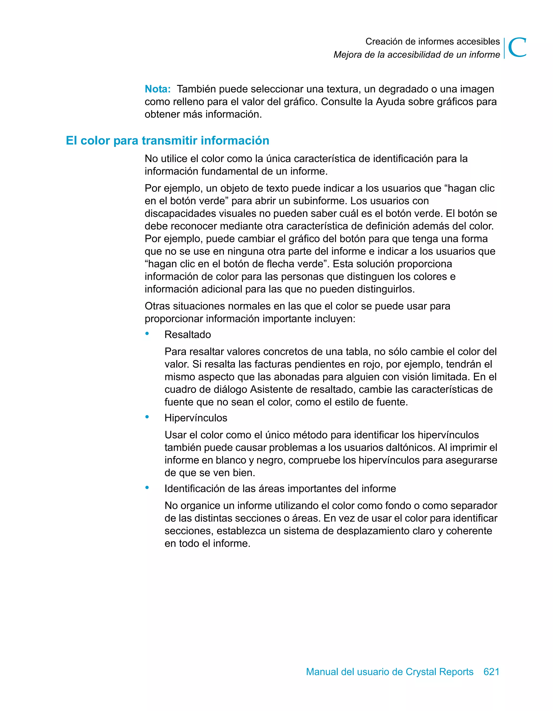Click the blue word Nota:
158,89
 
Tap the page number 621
491,672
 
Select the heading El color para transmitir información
167,141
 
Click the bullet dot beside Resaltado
147,333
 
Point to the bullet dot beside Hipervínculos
147,417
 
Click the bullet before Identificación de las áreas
147,487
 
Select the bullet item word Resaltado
188,335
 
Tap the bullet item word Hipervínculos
196,418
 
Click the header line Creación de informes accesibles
432,42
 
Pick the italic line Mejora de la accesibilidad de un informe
417,55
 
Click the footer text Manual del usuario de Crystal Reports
390,672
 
